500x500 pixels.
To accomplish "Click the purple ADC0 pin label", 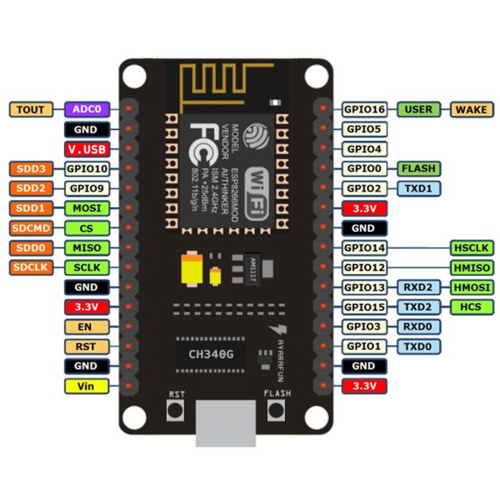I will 87,109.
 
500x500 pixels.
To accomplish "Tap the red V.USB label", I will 87,149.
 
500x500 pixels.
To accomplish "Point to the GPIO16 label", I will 364,109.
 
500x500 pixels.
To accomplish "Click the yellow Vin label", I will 87,386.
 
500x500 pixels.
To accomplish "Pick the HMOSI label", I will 472,287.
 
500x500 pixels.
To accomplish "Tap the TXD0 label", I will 417,346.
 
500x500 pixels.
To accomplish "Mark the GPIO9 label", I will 87,188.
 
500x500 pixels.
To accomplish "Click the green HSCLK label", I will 472,247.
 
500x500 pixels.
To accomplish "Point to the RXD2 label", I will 417,287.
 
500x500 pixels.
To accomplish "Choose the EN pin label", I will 87,327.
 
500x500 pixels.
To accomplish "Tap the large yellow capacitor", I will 191,270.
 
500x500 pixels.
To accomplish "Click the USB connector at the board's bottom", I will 224,425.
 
